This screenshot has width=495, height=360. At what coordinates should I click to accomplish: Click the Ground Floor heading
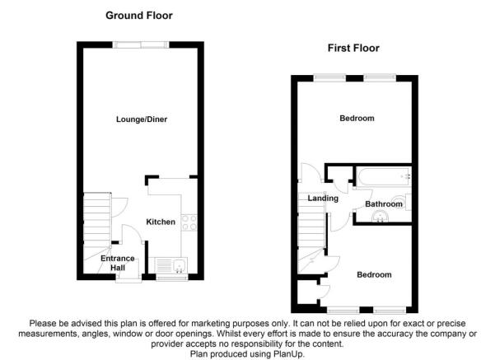(x=139, y=16)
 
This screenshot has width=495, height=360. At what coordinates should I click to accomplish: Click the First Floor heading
(x=353, y=48)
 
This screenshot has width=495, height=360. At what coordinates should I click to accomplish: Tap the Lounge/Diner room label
(x=142, y=119)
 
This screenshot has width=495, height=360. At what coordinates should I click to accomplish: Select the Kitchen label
(x=161, y=222)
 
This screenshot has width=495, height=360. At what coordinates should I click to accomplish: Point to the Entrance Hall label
(x=118, y=263)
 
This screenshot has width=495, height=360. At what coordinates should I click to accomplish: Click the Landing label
(x=323, y=199)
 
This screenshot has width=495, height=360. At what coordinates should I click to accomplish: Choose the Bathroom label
(x=384, y=204)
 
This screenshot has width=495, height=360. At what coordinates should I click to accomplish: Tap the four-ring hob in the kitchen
(x=189, y=222)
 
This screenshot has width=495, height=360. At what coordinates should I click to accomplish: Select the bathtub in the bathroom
(x=384, y=176)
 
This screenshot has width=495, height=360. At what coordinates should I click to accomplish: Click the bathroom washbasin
(x=380, y=217)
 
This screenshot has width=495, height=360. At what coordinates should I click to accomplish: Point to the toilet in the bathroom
(x=403, y=202)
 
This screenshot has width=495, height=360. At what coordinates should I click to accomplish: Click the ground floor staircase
(x=97, y=233)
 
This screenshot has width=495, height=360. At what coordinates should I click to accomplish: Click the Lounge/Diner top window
(x=141, y=44)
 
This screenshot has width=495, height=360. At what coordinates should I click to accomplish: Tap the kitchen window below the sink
(x=172, y=278)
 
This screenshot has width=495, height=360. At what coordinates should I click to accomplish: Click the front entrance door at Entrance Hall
(x=128, y=278)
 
